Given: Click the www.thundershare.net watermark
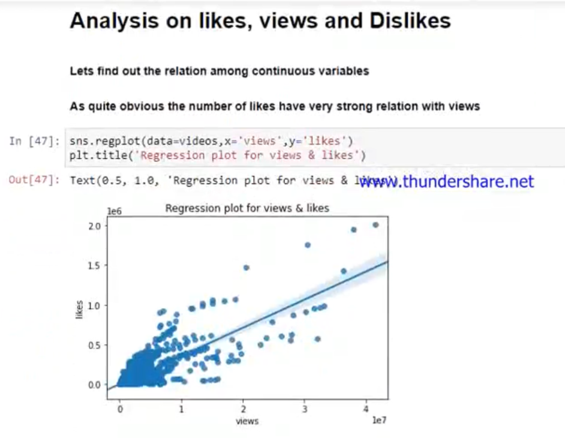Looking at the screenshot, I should (x=446, y=181).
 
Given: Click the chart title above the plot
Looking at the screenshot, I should (x=247, y=208).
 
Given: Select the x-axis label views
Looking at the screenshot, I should (x=247, y=421).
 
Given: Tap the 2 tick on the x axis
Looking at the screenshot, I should (x=243, y=409).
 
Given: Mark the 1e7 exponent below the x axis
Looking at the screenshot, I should (x=378, y=421).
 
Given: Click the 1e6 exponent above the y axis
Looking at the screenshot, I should (x=114, y=211).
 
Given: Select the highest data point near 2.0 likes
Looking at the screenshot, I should (x=375, y=225).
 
